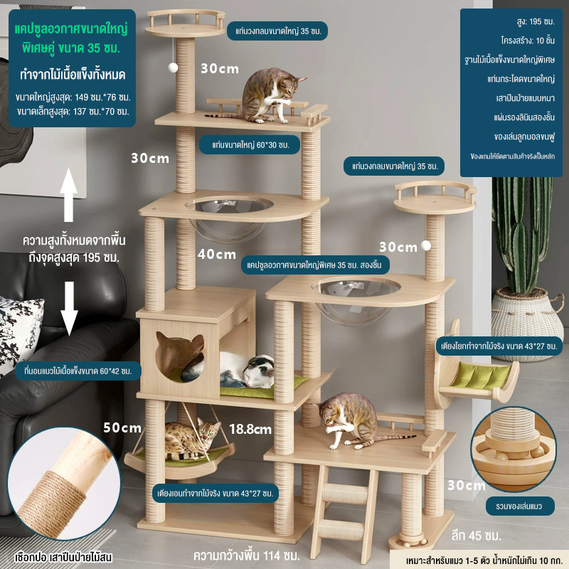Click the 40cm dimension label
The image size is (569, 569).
pos(217,255)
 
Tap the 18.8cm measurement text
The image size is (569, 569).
pos(250,430)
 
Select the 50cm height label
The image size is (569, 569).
pos(122,427)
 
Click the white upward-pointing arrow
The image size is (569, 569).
pos(68,195)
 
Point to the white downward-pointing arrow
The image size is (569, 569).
pos(69,309)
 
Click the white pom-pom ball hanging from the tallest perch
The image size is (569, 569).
pos(173,67)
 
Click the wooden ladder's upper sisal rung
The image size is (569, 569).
pos(345,494)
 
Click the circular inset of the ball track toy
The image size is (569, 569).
pos(513,449)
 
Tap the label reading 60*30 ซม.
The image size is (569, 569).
pos(250,145)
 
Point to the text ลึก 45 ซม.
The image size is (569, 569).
pos(476,536)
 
